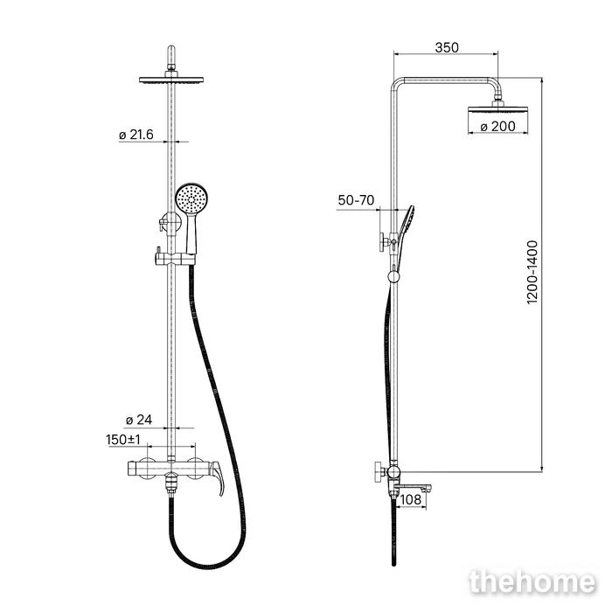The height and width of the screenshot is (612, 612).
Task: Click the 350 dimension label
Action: [x=447, y=47]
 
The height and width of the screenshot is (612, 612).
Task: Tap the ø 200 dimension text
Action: [x=497, y=127]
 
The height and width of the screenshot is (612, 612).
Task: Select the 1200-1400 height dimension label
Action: [x=532, y=272]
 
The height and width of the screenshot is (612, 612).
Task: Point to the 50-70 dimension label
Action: [x=356, y=200]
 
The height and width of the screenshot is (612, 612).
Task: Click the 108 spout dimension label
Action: [x=411, y=499]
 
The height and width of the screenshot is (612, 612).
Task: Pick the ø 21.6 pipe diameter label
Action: [x=136, y=135]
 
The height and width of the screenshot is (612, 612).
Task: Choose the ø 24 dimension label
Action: [x=139, y=420]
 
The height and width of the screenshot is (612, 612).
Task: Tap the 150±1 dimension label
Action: [x=123, y=440]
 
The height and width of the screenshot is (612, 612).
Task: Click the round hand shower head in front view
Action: [x=192, y=199]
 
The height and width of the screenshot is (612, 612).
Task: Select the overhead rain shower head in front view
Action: [x=171, y=80]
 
